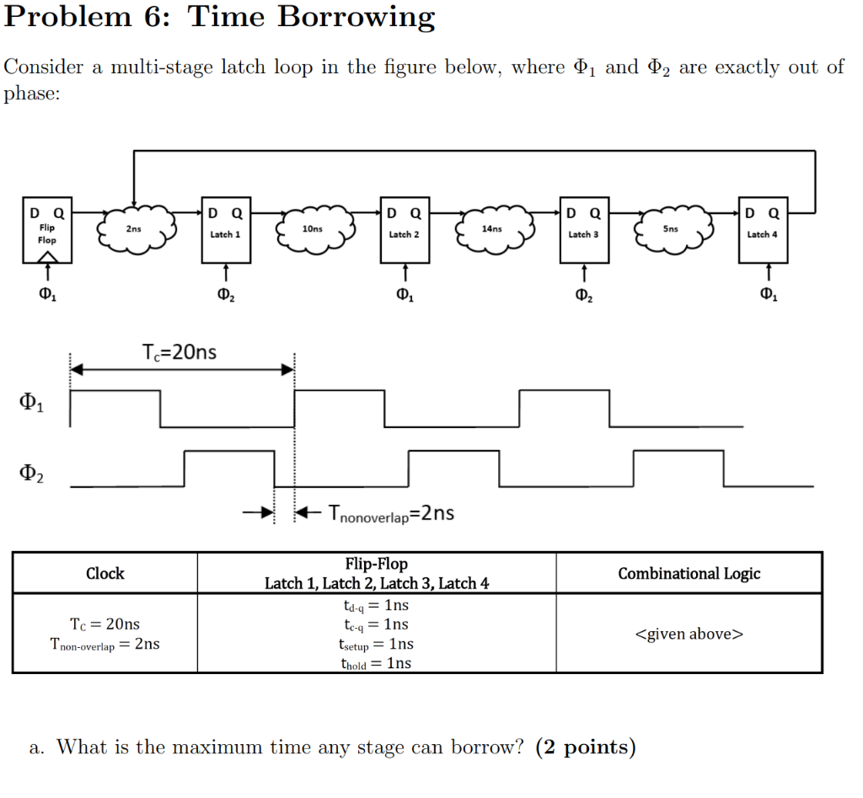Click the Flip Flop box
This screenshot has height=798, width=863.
pos(48,227)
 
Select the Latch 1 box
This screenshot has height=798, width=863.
pos(225,227)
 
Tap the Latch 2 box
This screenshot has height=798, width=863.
pos(405,227)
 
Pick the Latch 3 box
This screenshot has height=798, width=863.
pos(583,227)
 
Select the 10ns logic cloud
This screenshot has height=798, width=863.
pos(313,228)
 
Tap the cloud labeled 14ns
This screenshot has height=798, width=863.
pos(492,228)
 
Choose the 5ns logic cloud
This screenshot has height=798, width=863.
pos(671,228)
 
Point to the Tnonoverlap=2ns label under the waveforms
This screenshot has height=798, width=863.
pos(392,512)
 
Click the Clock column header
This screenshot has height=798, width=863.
pos(105,574)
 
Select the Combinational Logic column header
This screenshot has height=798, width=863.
pos(689,574)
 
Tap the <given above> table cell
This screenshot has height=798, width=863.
pos(689,634)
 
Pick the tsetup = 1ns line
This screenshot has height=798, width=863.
pos(376,644)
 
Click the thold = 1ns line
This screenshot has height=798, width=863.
pos(376,662)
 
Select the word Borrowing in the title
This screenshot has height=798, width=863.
pos(356,17)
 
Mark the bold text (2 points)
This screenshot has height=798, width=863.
pos(585,747)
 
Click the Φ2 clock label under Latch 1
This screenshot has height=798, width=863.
pos(225,295)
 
